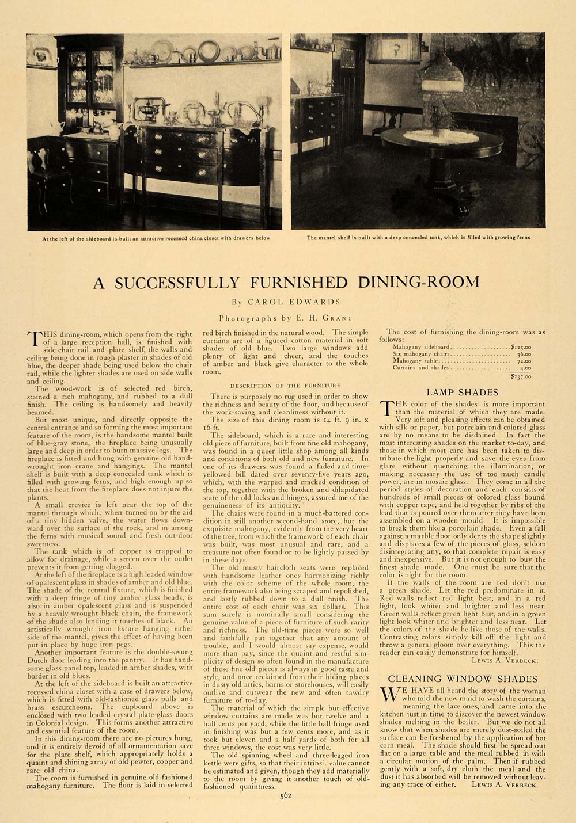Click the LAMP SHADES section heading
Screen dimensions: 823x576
[463, 392]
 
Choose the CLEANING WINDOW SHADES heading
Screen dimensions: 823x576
[462, 679]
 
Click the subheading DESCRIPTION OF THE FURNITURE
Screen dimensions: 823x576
[285, 385]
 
